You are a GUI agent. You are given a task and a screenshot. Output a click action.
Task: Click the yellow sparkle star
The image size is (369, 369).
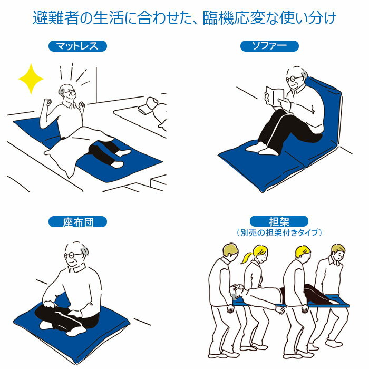(31, 79)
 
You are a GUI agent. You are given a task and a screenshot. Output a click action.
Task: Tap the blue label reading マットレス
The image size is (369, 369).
(77, 46)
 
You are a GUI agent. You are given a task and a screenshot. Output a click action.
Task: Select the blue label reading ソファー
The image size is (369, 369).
(269, 46)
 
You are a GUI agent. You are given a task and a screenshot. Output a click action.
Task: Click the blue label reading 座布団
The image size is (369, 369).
(77, 222)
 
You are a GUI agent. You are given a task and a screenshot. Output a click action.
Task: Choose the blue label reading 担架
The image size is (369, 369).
(279, 221)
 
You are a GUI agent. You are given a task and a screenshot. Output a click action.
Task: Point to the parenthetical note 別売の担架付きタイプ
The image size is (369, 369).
(279, 233)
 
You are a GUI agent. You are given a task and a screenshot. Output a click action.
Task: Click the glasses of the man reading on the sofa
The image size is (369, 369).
(294, 79)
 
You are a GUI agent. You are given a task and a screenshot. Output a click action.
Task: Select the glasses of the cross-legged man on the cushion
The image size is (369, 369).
(73, 255)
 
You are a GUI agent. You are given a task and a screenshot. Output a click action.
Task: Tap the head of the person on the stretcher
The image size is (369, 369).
(237, 290)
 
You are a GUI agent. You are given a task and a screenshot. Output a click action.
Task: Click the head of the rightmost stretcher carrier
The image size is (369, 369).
(338, 253)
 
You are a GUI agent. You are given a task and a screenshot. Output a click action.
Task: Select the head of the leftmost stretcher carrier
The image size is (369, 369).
(230, 253)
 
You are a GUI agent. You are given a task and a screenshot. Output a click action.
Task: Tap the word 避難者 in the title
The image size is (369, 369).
(56, 17)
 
